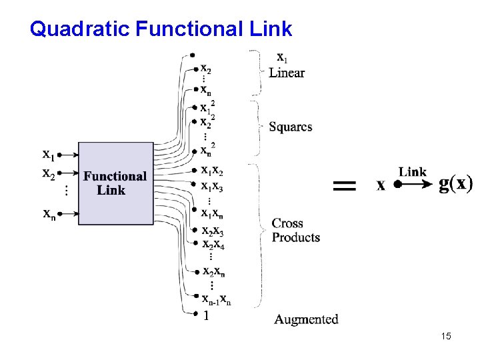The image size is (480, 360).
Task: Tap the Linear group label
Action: tap(287, 73)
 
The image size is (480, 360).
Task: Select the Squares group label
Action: tap(291, 127)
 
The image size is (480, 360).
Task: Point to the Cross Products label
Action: tap(295, 230)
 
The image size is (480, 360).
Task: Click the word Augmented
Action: tap(306, 319)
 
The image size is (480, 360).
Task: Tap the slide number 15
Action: tap(446, 337)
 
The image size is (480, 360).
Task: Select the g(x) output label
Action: tap(456, 183)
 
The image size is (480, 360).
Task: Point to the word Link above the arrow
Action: tap(413, 171)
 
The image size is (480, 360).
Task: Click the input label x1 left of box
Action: tap(49, 155)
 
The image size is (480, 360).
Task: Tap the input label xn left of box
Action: tap(49, 214)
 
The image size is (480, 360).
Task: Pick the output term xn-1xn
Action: tap(217, 300)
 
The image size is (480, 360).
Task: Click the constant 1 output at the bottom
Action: tap(206, 317)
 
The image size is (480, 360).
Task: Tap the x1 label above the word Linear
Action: tap(282, 58)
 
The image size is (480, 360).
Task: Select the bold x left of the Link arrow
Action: tap(381, 185)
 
